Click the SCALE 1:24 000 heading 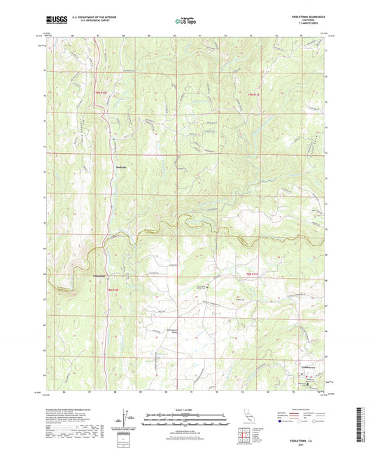pos(186,409)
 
